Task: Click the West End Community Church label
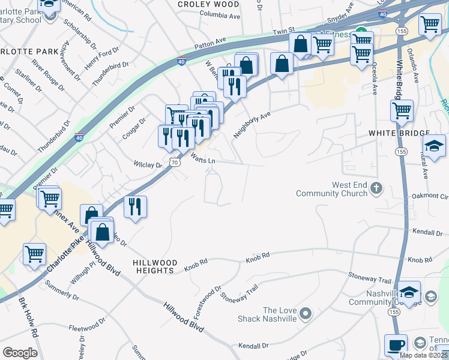click(333, 189)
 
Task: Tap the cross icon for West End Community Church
click(376, 189)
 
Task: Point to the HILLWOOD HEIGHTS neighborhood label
click(155, 267)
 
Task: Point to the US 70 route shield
click(174, 162)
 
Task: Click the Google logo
click(20, 353)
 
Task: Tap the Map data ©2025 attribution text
click(424, 355)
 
